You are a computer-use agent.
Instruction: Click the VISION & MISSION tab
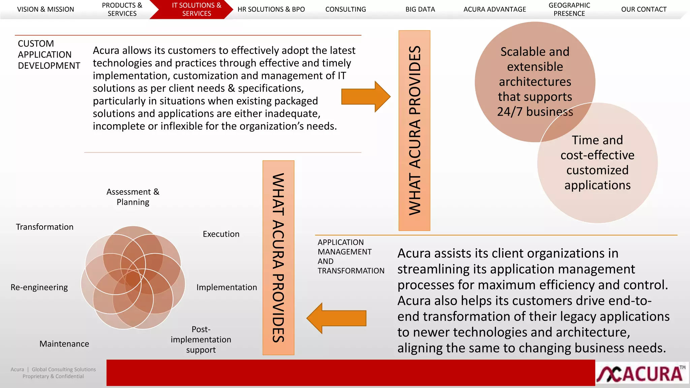click(x=45, y=9)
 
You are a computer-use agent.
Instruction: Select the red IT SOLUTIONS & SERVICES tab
click(x=196, y=9)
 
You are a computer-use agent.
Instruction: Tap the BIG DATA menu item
click(x=420, y=9)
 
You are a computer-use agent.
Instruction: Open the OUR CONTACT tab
click(x=644, y=9)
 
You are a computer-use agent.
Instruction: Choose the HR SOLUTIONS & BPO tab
click(x=271, y=9)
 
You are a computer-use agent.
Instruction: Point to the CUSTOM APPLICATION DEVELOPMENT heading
click(x=49, y=55)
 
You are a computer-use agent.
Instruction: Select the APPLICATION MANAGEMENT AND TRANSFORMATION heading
click(x=350, y=256)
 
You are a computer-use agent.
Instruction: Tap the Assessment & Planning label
click(x=133, y=197)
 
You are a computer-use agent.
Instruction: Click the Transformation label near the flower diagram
click(x=44, y=227)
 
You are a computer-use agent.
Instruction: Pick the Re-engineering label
click(x=39, y=287)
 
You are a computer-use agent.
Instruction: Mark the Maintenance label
click(x=64, y=344)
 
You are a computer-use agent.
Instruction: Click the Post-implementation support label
click(x=201, y=339)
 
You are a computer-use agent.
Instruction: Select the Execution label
click(x=221, y=234)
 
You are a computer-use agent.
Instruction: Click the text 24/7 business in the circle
click(x=535, y=112)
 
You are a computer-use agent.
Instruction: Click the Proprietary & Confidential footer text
click(x=53, y=377)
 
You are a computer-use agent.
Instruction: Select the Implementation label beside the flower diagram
click(x=226, y=287)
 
